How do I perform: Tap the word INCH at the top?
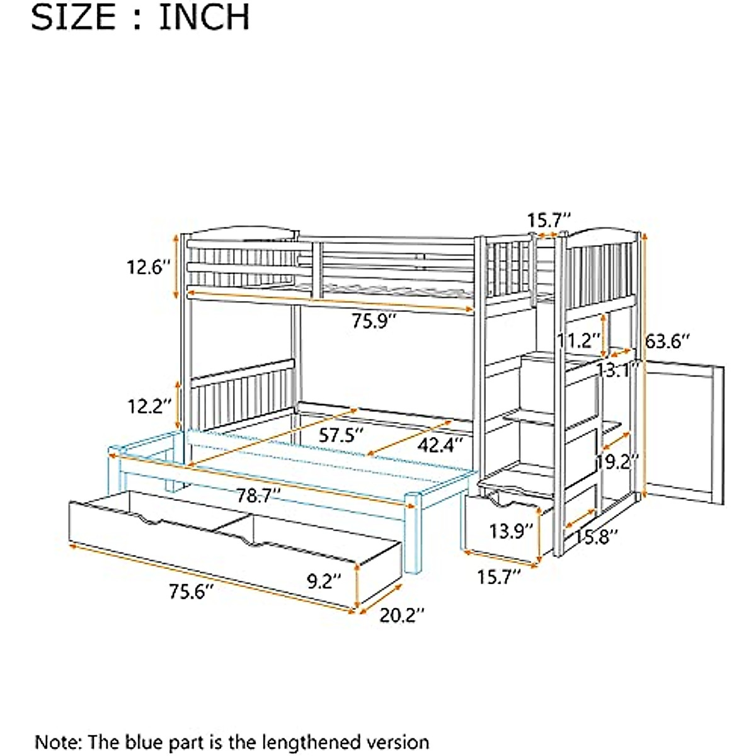click(203, 18)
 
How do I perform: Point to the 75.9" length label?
click(374, 321)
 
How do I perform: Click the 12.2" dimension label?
click(149, 406)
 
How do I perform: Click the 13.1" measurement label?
click(619, 370)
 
